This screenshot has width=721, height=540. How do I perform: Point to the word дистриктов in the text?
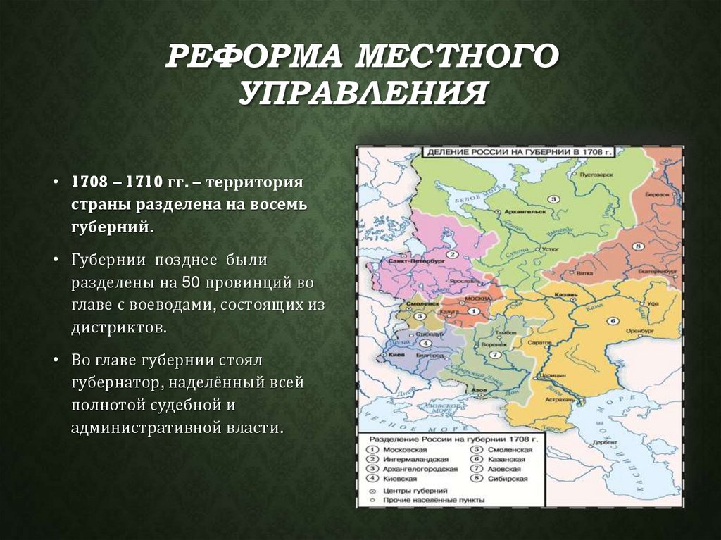118,328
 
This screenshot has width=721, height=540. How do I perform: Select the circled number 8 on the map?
638,246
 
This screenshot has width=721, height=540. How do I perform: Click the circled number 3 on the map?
553,199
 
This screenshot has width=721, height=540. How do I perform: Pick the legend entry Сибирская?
510,479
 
